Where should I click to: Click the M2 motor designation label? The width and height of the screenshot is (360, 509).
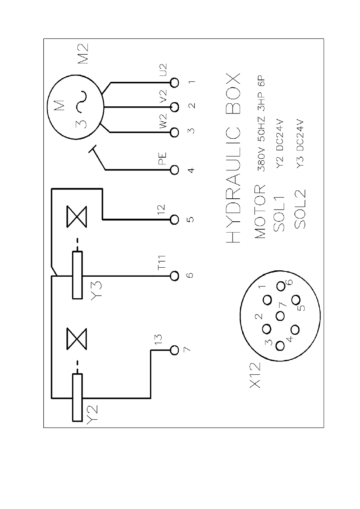tap(83, 54)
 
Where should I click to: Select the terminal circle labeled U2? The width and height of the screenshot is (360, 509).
tap(175, 83)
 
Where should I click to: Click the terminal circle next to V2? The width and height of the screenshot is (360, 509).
tap(175, 107)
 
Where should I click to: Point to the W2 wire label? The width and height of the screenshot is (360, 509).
tap(163, 121)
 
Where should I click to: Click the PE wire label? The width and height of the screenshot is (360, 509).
tap(162, 158)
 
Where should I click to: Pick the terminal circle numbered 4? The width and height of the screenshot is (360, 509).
tap(175, 170)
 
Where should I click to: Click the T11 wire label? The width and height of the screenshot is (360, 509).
tap(162, 263)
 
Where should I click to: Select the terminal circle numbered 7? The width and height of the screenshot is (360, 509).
tap(175, 350)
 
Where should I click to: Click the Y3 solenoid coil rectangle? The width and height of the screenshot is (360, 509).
tap(77, 275)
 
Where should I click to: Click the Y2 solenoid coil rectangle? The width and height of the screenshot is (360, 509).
tap(77, 398)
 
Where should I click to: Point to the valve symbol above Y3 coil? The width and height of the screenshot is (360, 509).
tap(77, 216)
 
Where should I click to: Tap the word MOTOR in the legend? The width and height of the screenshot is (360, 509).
tap(260, 212)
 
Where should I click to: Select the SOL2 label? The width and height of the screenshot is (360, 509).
tap(300, 209)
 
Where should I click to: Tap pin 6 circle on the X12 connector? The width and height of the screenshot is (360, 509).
tap(281, 286)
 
